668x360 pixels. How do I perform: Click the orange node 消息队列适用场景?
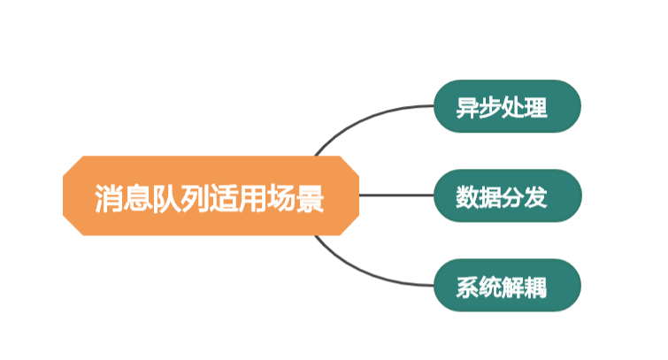(211, 195)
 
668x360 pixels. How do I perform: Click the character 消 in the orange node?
(109, 199)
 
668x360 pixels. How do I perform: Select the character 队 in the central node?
(166, 199)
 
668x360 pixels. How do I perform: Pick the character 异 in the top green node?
(467, 109)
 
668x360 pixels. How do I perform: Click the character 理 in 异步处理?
(536, 109)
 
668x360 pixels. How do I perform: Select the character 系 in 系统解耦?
(467, 287)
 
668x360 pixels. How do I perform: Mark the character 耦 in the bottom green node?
(536, 287)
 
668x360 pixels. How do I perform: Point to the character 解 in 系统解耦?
(513, 287)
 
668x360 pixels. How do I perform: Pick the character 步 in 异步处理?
(490, 109)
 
